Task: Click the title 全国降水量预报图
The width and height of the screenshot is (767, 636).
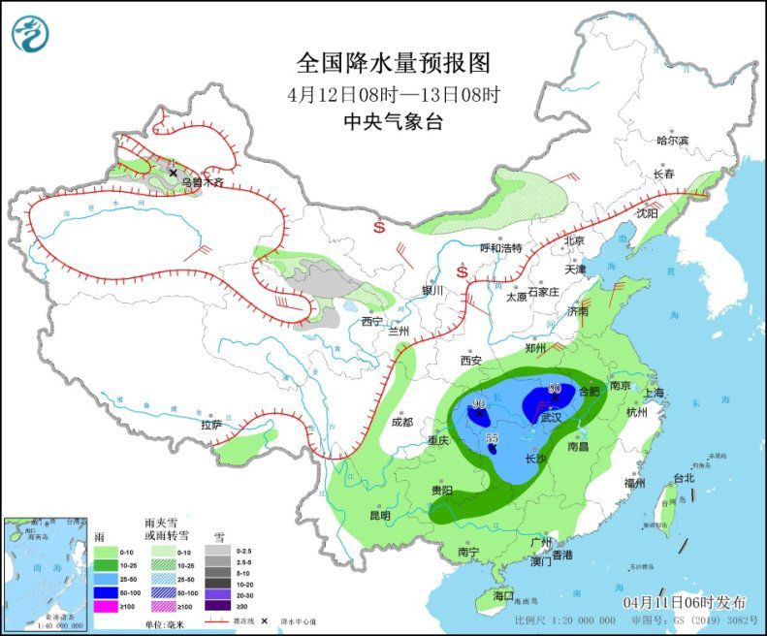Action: [394, 63]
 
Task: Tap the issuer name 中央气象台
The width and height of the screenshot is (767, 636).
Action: [394, 122]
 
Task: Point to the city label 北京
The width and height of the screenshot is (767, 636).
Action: [575, 240]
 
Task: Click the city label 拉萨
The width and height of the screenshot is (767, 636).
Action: [212, 425]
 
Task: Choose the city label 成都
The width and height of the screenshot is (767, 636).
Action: [402, 422]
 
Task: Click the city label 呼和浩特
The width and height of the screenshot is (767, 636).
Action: [501, 248]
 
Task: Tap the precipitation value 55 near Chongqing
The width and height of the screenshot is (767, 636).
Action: [491, 438]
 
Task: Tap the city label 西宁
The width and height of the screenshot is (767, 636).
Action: [372, 321]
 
